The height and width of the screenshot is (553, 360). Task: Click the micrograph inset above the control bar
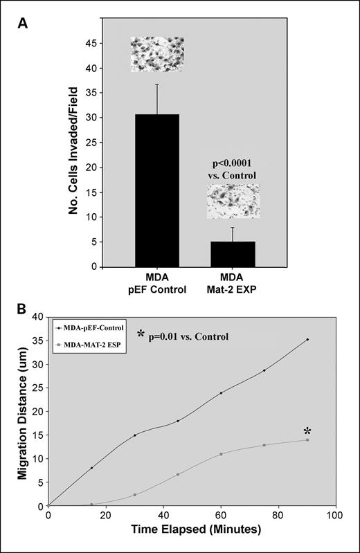157,55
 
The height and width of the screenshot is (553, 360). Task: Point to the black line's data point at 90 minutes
307,339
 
